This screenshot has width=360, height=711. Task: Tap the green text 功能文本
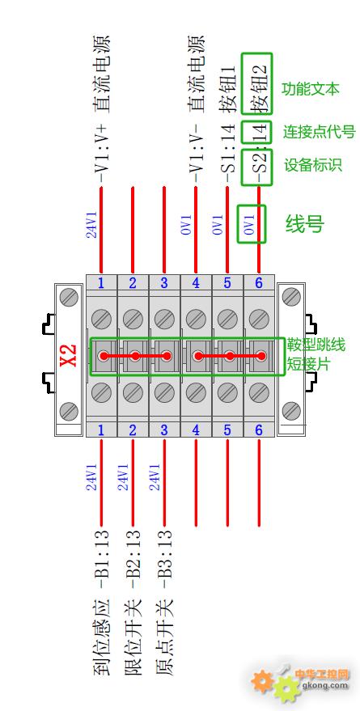click(x=310, y=88)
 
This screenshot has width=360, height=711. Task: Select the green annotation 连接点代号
click(x=320, y=132)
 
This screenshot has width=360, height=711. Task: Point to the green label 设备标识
click(x=313, y=164)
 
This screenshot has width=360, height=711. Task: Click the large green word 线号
click(x=305, y=223)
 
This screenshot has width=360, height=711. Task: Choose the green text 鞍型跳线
click(x=316, y=345)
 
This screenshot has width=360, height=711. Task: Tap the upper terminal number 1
click(x=101, y=283)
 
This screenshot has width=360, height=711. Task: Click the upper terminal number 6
click(x=259, y=283)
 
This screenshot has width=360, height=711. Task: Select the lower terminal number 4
click(x=196, y=430)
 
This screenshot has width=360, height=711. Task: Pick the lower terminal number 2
click(x=133, y=430)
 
